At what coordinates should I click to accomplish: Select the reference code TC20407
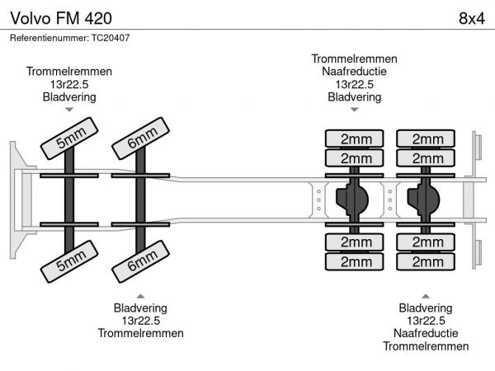tap(111, 38)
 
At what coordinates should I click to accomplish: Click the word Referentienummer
tap(49, 38)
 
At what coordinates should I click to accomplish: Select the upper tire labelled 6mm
tap(142, 137)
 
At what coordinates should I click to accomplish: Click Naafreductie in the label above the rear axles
tap(355, 72)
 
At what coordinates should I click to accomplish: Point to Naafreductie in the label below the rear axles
tap(426, 333)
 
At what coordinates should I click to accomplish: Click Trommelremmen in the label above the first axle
tap(69, 72)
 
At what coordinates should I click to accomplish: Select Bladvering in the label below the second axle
tap(140, 308)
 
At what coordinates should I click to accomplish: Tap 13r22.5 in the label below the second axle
tap(140, 321)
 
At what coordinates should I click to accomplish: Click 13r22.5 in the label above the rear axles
tap(355, 84)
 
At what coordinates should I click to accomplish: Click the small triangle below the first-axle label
tap(69, 110)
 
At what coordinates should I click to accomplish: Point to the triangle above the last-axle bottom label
tap(426, 295)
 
